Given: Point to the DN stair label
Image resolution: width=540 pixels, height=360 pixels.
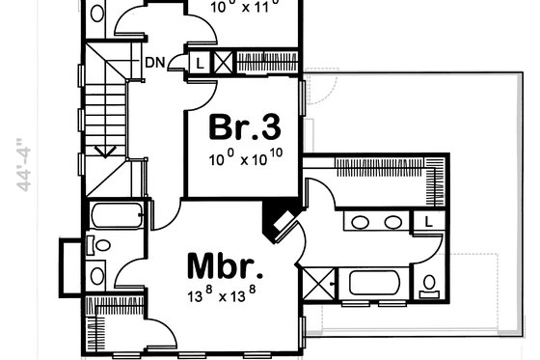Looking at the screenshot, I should [x=154, y=64].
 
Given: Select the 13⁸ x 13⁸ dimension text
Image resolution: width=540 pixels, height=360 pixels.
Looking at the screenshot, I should [x=227, y=292].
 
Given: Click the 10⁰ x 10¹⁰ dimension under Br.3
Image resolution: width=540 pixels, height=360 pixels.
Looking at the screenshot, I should [x=245, y=156].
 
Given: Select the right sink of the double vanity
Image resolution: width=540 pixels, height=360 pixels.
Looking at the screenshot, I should [x=392, y=222].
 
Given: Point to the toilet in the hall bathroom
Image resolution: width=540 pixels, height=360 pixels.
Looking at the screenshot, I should [x=95, y=245].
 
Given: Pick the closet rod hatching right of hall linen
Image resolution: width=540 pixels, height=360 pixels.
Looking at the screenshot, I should [x=265, y=57].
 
